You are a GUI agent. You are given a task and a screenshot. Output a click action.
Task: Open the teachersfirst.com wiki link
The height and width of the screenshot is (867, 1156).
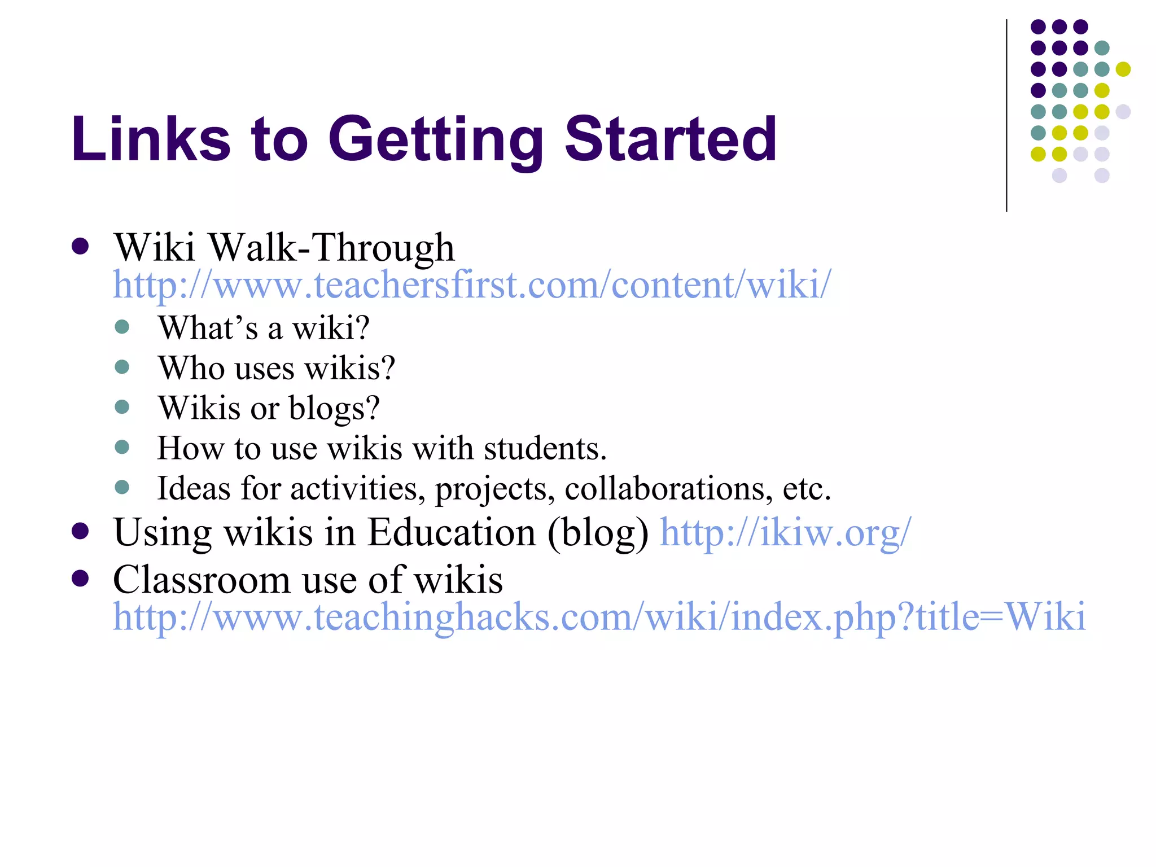point(472,284)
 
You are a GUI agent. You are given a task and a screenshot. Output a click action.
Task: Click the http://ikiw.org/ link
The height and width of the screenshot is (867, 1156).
point(785,532)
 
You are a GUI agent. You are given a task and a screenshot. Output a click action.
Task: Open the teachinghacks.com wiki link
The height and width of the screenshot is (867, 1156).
point(599,616)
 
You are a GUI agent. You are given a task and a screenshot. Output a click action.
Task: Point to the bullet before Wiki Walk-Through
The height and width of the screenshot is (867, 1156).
point(80,247)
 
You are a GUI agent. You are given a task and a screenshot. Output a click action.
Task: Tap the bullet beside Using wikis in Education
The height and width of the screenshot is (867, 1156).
point(80,531)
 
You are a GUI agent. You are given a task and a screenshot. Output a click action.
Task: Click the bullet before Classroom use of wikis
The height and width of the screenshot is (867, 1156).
point(80,579)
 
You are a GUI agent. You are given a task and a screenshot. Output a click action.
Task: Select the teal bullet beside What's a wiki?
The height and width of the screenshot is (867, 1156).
point(122,327)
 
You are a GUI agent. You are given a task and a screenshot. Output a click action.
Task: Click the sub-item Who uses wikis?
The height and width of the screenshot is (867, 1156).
point(276,368)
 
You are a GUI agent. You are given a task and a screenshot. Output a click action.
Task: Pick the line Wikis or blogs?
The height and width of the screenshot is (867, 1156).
point(269,408)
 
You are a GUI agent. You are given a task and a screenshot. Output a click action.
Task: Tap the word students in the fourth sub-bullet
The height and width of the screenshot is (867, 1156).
point(545,448)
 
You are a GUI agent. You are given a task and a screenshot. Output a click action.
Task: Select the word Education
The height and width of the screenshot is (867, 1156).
point(452,532)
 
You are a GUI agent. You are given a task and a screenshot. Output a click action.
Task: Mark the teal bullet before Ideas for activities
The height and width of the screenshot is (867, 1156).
point(122,487)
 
